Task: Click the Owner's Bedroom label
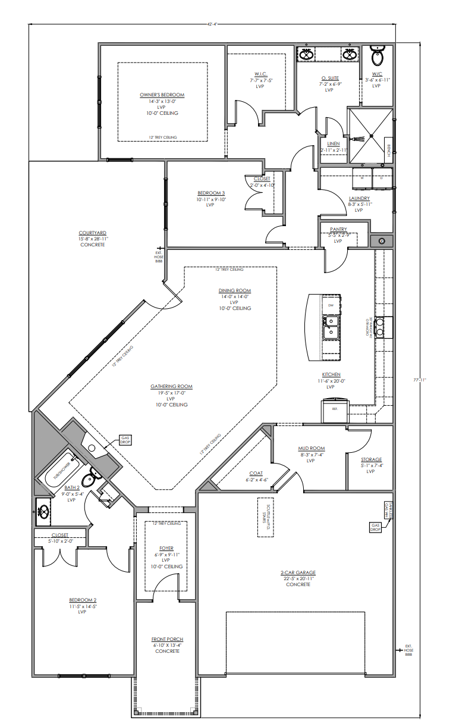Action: pos(162,95)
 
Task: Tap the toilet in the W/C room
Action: pos(377,57)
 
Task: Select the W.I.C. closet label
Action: pos(260,74)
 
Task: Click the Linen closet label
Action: pos(333,144)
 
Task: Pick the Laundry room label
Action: pos(359,198)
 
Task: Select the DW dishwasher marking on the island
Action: pos(330,305)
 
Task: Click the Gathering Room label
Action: pos(171,387)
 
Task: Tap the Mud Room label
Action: pos(310,449)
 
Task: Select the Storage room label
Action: pos(371,460)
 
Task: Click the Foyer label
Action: pos(166,548)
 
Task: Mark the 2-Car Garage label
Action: pos(298,573)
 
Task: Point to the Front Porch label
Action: pos(167,640)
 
